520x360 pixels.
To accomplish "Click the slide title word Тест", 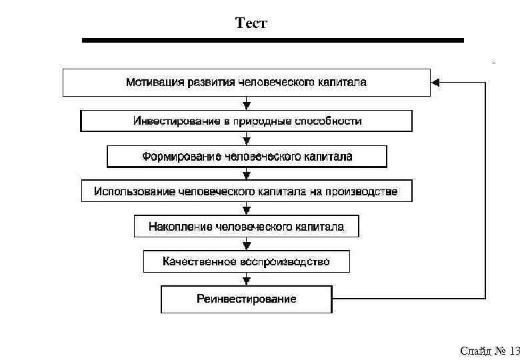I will pyautogui.click(x=251, y=24).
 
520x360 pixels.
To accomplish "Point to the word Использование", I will pyautogui.click(x=135, y=191).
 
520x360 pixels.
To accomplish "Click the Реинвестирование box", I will pyautogui.click(x=246, y=299).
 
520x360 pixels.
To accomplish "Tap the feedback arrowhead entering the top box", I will pyautogui.click(x=435, y=83).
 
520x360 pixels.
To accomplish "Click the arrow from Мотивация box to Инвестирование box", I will pyautogui.click(x=247, y=103).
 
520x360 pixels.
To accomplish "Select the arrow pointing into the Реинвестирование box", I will pyautogui.click(x=247, y=279).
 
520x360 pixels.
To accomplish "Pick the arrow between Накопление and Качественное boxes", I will pyautogui.click(x=247, y=243).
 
